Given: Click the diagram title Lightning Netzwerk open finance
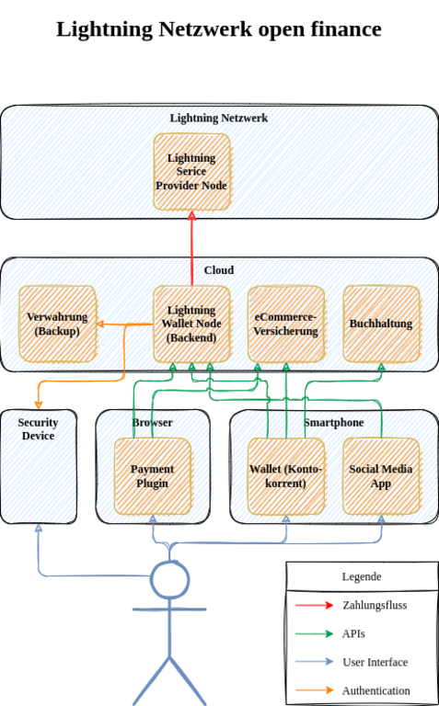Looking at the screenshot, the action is (x=219, y=29).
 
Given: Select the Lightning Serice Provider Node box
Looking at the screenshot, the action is (x=192, y=172).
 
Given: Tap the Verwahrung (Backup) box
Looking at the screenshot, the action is (x=57, y=324).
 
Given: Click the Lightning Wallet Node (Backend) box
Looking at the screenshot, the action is (x=192, y=324).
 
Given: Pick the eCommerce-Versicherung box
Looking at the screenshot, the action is (x=286, y=324).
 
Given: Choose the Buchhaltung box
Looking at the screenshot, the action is (x=381, y=324).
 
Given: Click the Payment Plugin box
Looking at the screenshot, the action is (x=153, y=476).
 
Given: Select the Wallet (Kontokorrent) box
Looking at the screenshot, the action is (x=286, y=476).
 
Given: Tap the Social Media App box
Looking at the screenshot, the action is (x=381, y=476).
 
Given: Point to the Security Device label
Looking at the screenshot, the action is (x=39, y=429).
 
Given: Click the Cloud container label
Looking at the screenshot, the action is (x=219, y=270).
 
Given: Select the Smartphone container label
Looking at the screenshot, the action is (x=333, y=422).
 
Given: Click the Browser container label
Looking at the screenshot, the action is (x=153, y=422).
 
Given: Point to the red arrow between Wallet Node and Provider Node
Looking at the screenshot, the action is (x=192, y=248).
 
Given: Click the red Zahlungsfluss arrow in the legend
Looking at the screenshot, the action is (x=314, y=605).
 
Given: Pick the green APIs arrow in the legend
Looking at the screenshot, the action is (x=314, y=634).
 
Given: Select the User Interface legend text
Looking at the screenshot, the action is (x=375, y=662).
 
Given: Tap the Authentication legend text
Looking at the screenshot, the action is (x=375, y=690).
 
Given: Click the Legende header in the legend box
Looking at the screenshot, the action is (x=362, y=576).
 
